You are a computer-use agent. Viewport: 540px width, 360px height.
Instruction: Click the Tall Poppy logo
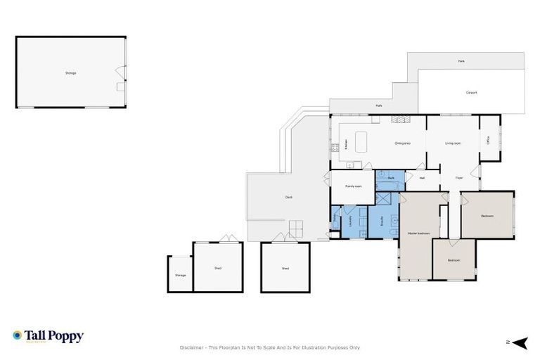coord(48,336)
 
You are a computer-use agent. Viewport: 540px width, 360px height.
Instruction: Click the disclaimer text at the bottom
coord(269,347)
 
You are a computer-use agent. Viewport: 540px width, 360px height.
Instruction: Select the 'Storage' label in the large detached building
coord(70,73)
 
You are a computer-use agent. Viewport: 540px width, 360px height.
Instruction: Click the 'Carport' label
coord(472,92)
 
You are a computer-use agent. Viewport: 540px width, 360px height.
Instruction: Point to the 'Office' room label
coord(489,140)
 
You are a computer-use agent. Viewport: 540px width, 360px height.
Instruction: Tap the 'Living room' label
coord(453,143)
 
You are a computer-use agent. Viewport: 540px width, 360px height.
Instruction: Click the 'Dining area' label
coord(402,143)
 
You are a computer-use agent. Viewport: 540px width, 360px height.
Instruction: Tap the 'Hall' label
coord(422,178)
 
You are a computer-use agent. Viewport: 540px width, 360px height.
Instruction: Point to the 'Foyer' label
coord(458,178)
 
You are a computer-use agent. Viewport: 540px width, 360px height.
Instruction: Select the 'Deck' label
coord(288,197)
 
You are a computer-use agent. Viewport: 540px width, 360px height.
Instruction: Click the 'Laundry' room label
coord(349,220)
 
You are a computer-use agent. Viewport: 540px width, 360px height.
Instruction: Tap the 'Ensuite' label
coord(380,220)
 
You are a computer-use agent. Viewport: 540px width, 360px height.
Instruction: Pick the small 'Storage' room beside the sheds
coord(181,275)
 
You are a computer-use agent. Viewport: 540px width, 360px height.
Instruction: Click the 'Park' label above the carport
coord(461,61)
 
